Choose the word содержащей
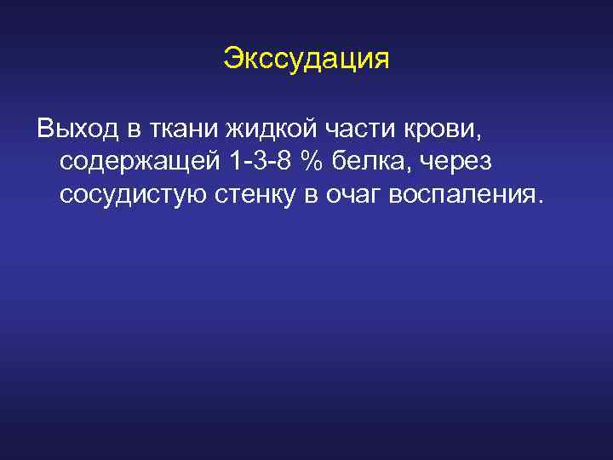pos(135,162)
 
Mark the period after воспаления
pos(536,202)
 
